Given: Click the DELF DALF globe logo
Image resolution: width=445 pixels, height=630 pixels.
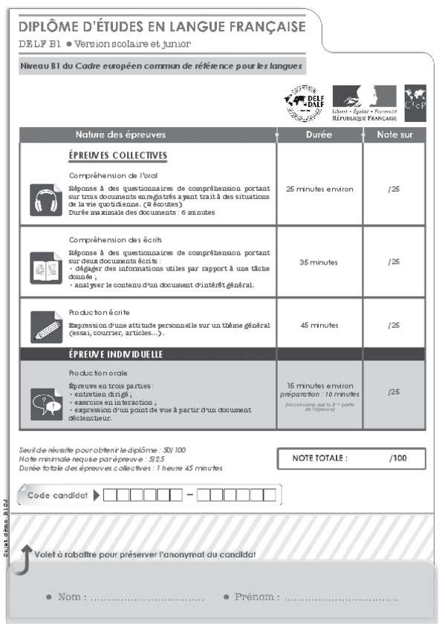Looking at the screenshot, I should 304,103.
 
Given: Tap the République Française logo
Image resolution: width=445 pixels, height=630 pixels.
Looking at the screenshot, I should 364,103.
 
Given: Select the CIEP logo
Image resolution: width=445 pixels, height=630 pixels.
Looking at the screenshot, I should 415,103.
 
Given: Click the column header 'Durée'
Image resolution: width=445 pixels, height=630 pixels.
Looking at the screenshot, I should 319,135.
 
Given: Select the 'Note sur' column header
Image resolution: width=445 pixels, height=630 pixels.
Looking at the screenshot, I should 394,135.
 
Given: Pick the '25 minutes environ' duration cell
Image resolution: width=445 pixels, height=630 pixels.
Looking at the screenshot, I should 319,189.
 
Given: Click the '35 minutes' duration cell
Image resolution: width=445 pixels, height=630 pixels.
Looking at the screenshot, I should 319,262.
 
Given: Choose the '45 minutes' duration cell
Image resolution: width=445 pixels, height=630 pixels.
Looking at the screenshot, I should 319,325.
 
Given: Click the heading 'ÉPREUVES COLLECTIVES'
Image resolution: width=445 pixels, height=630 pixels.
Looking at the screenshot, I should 117,156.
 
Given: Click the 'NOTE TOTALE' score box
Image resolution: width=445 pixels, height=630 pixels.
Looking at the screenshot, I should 351,458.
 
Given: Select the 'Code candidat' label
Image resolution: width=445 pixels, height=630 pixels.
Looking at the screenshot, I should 56,495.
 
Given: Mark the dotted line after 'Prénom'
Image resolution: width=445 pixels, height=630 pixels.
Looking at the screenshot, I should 341,598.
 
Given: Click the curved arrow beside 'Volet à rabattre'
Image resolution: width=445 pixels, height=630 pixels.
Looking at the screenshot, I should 25,559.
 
